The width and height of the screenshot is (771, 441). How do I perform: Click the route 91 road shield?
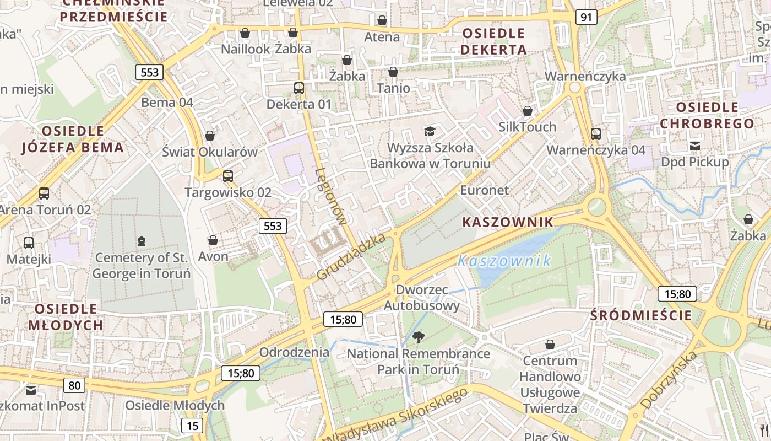(x=586, y=17)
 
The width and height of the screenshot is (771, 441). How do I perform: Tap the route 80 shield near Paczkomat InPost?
(x=74, y=385)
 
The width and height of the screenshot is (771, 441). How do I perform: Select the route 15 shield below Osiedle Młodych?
(x=192, y=426)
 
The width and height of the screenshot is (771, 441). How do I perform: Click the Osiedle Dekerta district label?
(x=493, y=41)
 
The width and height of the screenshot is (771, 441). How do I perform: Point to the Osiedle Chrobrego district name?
(x=707, y=115)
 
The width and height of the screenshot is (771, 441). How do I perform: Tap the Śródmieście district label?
(x=640, y=315)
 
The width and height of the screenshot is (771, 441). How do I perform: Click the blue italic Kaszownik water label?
(x=504, y=261)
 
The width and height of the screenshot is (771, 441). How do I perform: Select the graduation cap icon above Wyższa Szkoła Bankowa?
(x=430, y=131)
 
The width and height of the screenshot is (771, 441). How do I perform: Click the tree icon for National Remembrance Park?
(x=419, y=337)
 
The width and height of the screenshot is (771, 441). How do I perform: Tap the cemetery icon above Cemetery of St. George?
(x=142, y=241)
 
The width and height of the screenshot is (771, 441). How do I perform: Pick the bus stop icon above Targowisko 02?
(x=227, y=176)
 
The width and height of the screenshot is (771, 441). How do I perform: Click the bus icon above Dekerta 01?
(x=299, y=88)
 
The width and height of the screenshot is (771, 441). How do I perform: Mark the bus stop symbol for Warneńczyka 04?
(x=595, y=133)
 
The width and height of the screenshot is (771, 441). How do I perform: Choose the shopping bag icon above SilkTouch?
(x=528, y=111)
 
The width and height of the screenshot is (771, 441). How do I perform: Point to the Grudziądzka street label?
(x=351, y=256)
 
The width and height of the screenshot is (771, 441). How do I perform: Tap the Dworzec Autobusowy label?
(x=422, y=298)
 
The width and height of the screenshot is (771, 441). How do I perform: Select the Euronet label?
(x=485, y=190)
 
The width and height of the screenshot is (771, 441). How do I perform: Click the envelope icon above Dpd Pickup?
(x=695, y=146)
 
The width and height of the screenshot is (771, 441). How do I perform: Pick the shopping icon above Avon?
(x=213, y=240)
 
